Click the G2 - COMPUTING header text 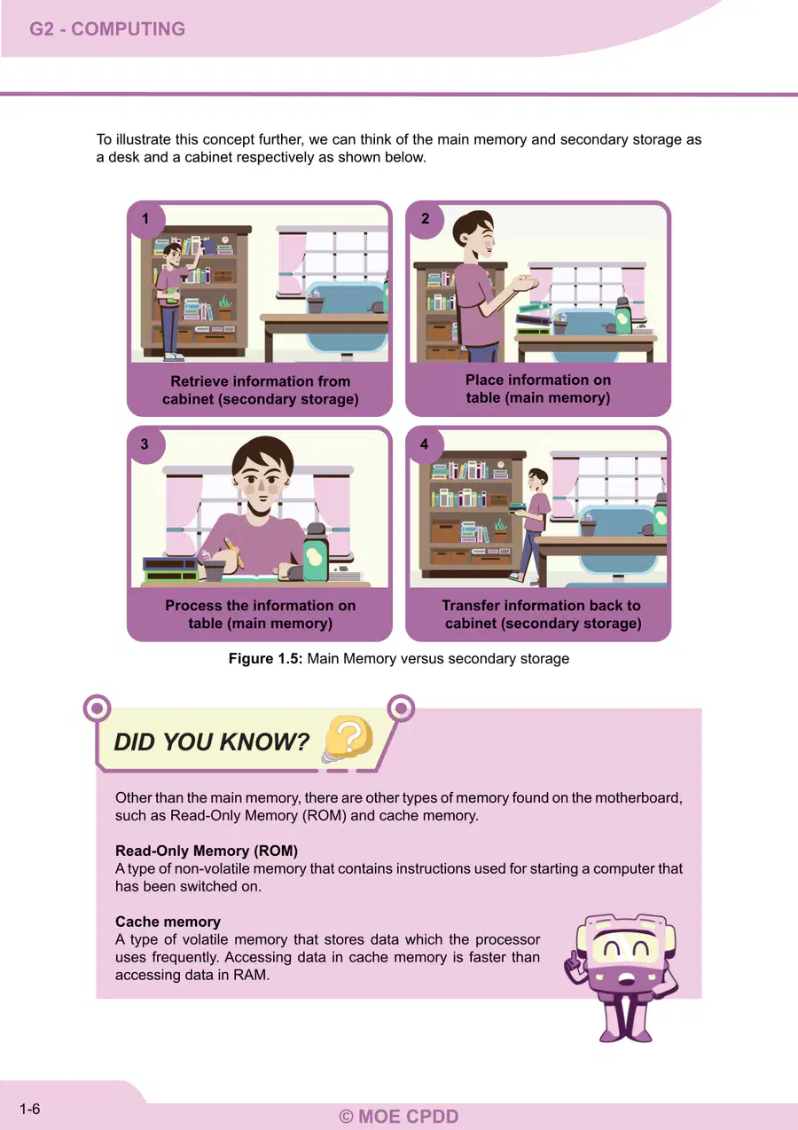[107, 28]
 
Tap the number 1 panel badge [146, 219]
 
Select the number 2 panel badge [426, 219]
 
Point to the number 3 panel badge [145, 444]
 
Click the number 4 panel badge [425, 444]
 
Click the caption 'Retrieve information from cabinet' [261, 390]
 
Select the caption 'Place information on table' [538, 388]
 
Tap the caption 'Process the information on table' [261, 614]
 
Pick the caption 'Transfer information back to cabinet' [542, 614]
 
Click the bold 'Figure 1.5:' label [265, 658]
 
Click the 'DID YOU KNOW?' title [211, 742]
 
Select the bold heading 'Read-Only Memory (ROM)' [207, 851]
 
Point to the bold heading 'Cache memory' [168, 922]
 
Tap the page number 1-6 [30, 1109]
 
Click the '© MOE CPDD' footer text [399, 1117]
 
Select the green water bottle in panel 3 [317, 553]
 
